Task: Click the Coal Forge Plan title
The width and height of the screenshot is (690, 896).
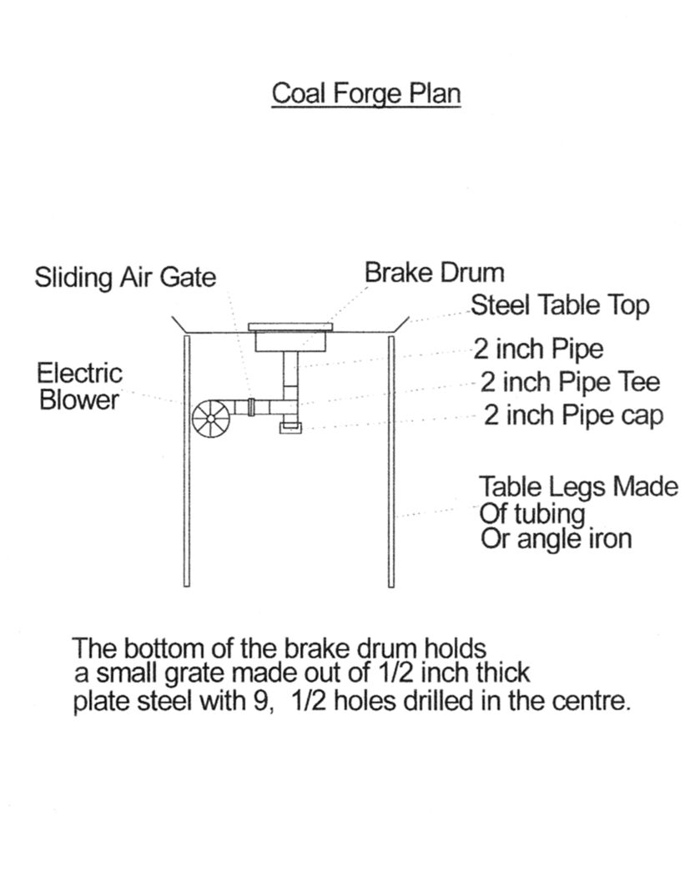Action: click(366, 93)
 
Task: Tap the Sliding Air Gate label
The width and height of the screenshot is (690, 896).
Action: click(125, 277)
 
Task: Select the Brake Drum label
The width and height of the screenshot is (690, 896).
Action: click(434, 272)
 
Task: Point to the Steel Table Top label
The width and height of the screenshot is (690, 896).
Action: click(560, 305)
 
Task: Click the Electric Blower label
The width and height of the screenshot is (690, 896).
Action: click(80, 385)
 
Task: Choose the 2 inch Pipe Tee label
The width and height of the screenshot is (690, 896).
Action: click(570, 382)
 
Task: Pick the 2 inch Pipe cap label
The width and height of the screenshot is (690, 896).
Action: click(574, 415)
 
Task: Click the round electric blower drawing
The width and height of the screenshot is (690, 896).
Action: click(214, 417)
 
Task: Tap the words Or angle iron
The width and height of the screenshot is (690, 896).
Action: click(556, 539)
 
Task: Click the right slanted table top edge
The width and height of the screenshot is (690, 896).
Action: click(399, 324)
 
